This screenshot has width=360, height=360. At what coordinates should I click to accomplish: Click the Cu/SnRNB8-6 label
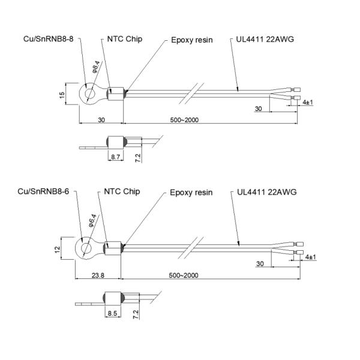pyautogui.click(x=43, y=191)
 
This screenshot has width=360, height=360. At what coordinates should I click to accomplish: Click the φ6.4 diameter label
pyautogui.click(x=92, y=221)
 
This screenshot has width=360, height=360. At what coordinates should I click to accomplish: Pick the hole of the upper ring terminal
pyautogui.click(x=90, y=93)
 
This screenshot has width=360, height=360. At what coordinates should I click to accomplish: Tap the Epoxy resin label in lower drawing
pyautogui.click(x=191, y=193)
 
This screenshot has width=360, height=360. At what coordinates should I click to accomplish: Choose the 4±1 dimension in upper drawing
pyautogui.click(x=307, y=103)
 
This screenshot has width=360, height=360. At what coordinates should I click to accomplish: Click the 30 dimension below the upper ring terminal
pyautogui.click(x=101, y=120)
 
